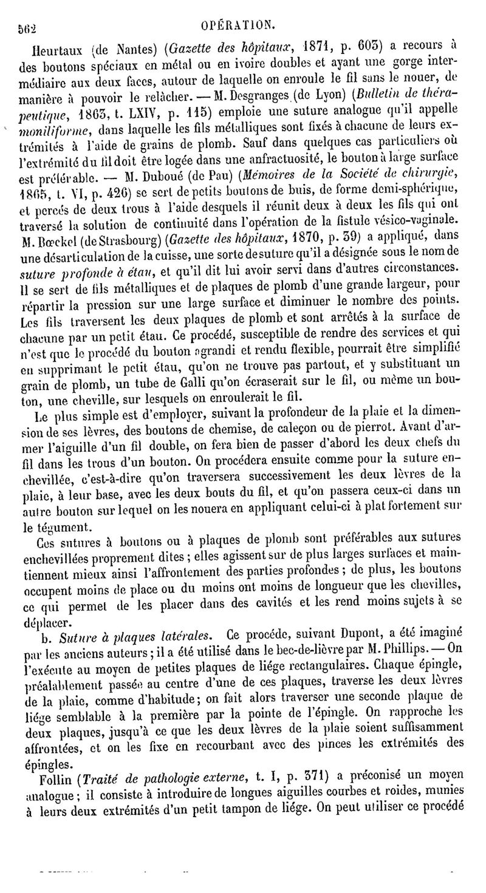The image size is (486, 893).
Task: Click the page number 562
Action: pyautogui.click(x=27, y=28)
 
